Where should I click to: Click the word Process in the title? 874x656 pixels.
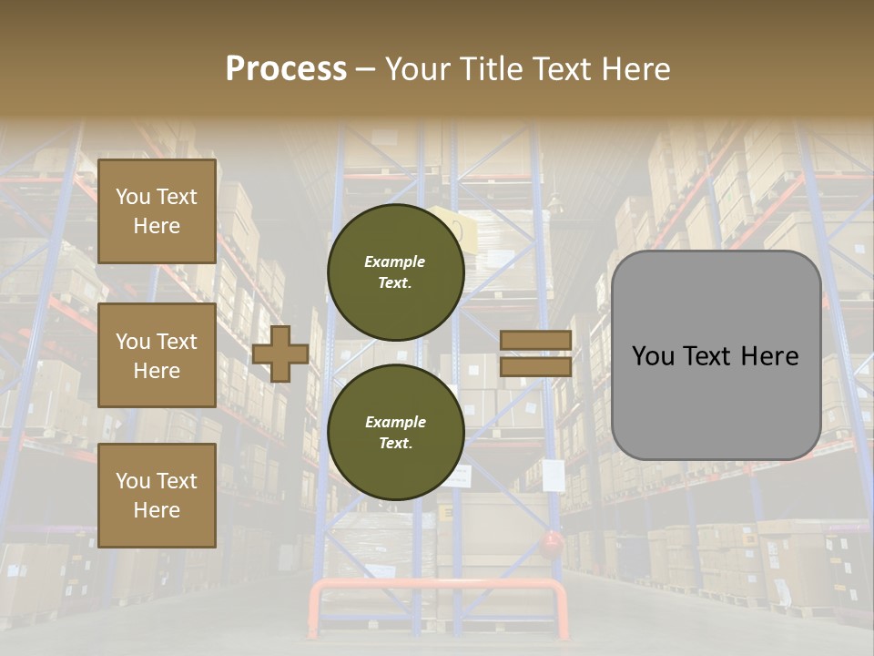286,69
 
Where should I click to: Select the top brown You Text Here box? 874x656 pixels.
157,211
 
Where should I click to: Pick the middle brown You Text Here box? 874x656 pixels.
157,355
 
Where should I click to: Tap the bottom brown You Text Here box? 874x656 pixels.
157,496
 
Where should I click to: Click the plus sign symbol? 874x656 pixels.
280,354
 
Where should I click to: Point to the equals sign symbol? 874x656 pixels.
536,354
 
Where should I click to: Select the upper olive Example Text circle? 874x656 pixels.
395,272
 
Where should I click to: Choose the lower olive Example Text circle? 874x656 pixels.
395,432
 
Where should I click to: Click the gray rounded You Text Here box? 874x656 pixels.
716,355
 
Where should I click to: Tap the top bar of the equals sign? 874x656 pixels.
536,340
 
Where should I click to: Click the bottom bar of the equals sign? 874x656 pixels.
536,366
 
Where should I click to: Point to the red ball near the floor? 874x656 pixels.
550,546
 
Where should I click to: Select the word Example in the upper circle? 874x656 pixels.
395,261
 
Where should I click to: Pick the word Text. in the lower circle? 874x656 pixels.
395,443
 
